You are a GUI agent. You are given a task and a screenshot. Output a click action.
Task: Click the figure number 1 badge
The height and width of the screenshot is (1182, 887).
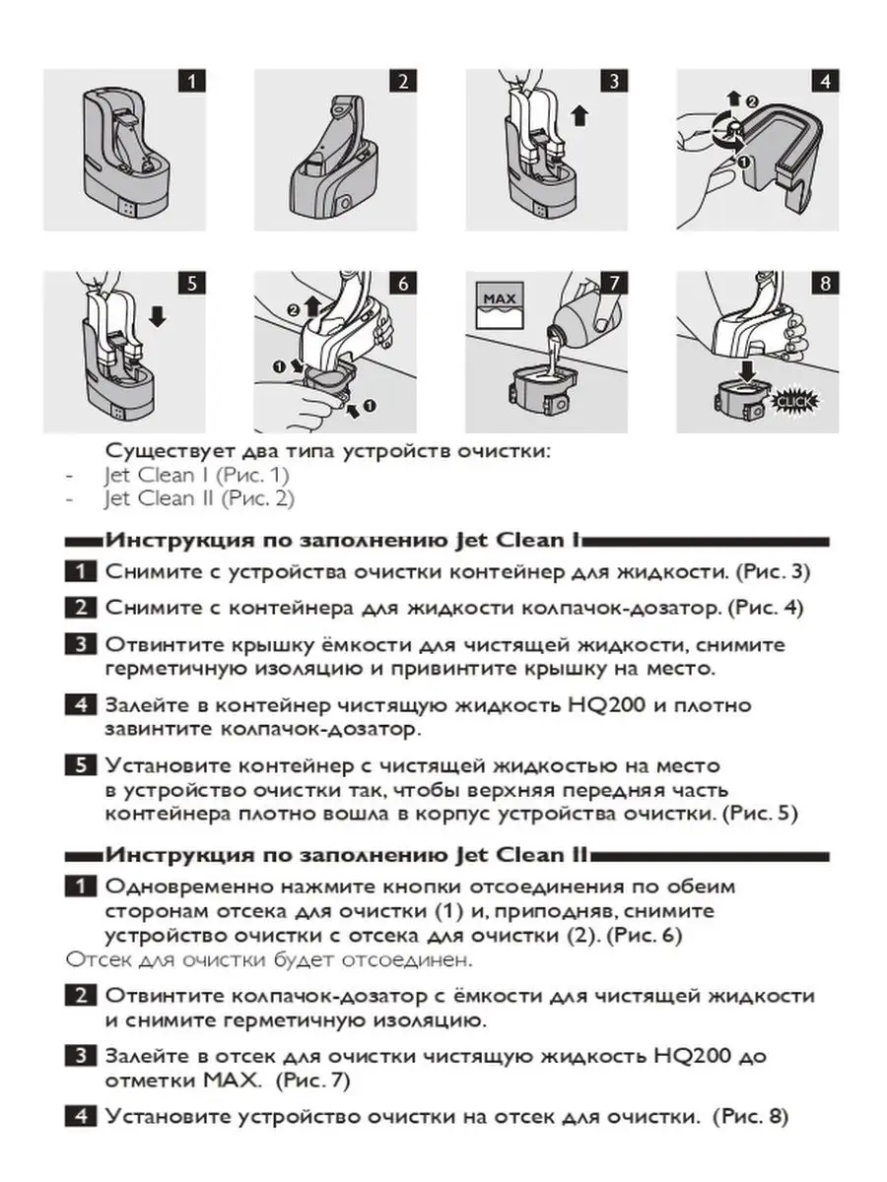(x=191, y=81)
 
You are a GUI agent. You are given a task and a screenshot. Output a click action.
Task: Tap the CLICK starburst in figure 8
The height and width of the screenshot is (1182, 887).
(x=785, y=401)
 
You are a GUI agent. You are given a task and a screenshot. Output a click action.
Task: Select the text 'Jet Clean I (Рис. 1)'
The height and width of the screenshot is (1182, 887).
(x=198, y=475)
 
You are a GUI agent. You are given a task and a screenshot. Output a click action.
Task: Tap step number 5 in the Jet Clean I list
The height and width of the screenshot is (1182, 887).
(x=80, y=765)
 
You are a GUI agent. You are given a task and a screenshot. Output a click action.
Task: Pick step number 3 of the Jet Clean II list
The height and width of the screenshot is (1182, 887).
(x=80, y=1057)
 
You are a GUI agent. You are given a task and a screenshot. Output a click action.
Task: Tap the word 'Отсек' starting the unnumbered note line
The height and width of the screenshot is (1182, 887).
(x=90, y=958)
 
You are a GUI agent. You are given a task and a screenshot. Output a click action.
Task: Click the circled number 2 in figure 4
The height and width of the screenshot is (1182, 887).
(x=751, y=100)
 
